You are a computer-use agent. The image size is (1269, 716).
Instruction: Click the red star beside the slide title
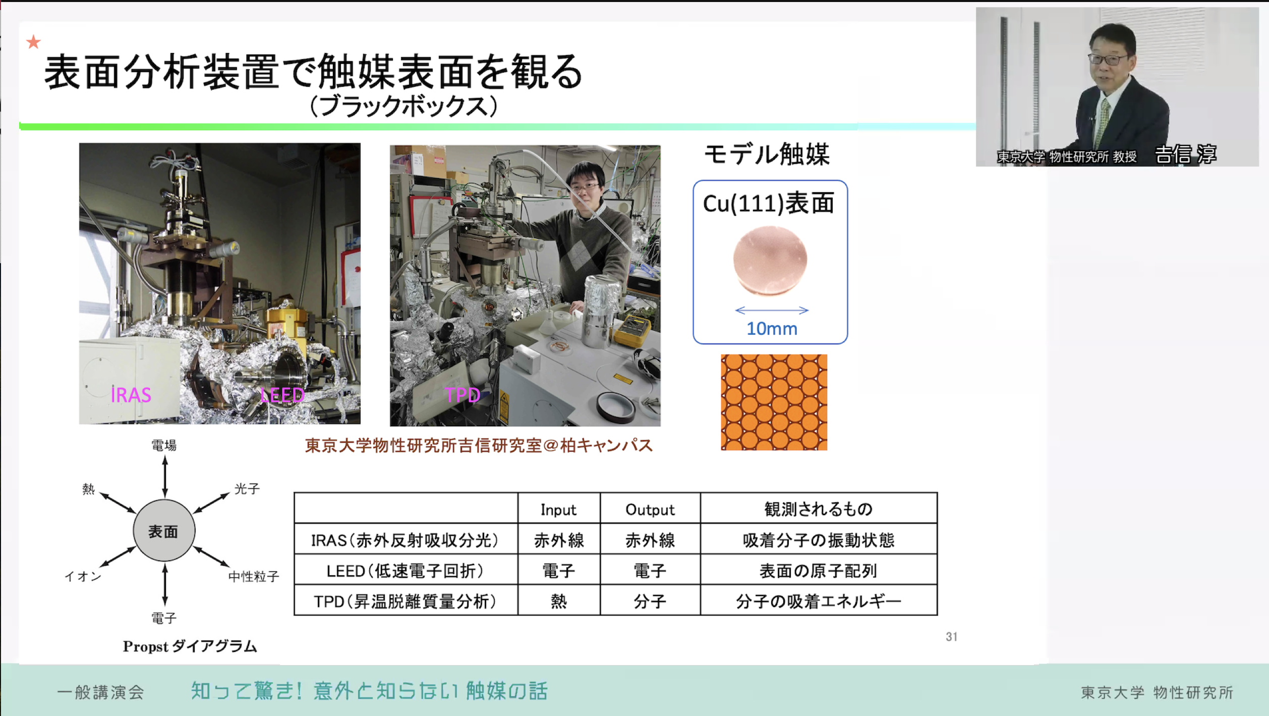33,42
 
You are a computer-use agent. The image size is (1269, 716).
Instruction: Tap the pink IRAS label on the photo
131,395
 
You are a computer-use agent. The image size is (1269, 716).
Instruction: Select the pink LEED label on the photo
282,395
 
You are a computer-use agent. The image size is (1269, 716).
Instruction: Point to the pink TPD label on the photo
463,395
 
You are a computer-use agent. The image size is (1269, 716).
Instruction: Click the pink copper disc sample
770,260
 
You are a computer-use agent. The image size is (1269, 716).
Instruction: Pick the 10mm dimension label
772,329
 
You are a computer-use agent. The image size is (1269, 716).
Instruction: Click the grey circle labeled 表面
164,530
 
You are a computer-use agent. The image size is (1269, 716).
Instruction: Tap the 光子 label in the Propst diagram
247,489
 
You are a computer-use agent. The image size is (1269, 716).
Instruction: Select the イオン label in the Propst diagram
83,576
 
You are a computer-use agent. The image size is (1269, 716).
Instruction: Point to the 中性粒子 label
254,576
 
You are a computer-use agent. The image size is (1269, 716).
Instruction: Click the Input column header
558,510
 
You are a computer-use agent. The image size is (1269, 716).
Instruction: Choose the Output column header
650,510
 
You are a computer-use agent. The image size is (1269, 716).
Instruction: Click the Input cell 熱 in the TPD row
559,601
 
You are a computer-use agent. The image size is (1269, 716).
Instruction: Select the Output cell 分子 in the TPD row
650,601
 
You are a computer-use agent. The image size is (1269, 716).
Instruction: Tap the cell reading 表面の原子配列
818,571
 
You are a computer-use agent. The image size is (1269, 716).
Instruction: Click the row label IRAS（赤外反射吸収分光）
405,540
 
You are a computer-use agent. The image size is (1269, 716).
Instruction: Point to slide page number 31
951,637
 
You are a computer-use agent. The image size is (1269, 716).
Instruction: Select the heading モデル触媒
767,154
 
